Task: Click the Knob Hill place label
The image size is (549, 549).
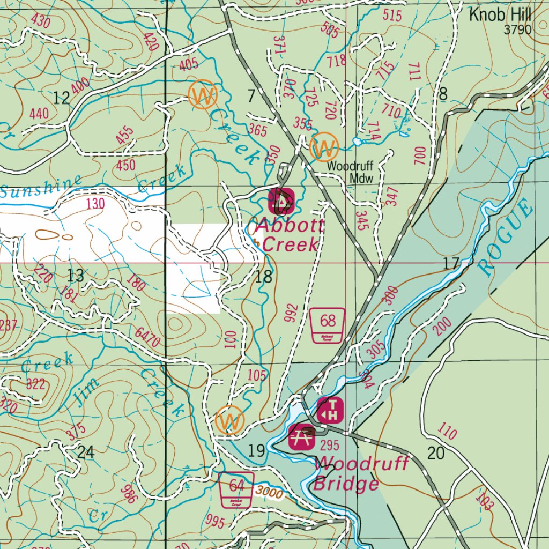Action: pos(500,15)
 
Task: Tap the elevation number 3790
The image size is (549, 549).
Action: pos(517,29)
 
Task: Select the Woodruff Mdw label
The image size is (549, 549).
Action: pos(350,172)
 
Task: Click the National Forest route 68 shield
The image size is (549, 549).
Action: pos(328,325)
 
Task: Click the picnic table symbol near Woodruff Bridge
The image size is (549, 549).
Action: pos(301,436)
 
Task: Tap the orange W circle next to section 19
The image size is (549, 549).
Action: pos(229,421)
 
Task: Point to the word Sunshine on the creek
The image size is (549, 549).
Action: pos(41,187)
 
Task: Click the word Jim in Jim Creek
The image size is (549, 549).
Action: pos(86,391)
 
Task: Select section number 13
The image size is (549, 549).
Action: pos(76,276)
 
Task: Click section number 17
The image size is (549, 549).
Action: pos(451,263)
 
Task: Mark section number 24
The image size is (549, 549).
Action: pos(86,452)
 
